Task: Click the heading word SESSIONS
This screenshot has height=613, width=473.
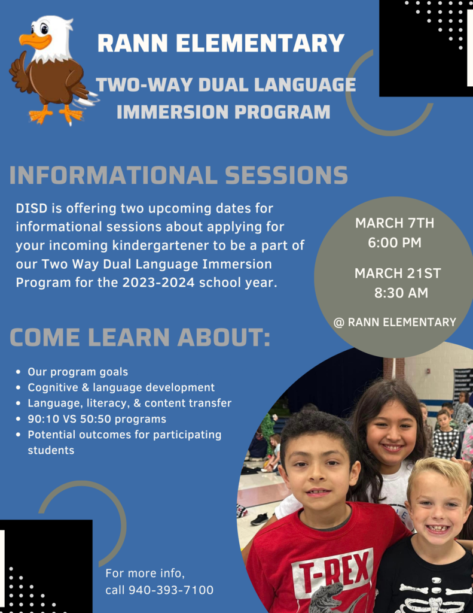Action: pos(286,175)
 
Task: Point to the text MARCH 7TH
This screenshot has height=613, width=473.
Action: pos(395,223)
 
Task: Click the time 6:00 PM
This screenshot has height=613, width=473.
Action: pos(395,242)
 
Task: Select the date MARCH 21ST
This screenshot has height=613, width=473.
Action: pos(398,273)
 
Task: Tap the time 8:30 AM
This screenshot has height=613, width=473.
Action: pos(401,293)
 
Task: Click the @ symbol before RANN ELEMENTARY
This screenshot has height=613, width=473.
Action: pos(338,323)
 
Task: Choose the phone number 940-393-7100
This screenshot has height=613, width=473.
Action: pos(171,590)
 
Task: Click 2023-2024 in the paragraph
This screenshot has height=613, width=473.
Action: pos(158,283)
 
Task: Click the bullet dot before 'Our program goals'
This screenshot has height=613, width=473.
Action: pos(19,372)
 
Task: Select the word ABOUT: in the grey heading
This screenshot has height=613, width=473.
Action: pos(224,337)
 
